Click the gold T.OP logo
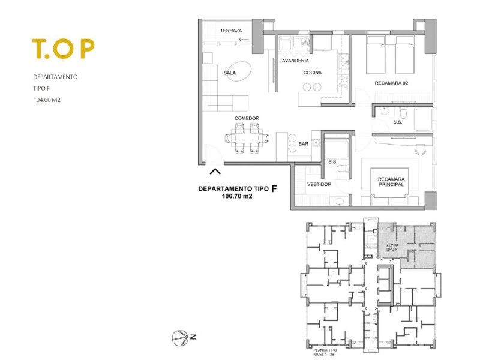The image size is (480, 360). click(x=64, y=49)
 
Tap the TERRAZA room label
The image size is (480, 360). click(x=231, y=31)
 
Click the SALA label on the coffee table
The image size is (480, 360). click(x=230, y=73)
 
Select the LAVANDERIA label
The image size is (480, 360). click(x=294, y=61)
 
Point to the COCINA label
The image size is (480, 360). click(x=313, y=73)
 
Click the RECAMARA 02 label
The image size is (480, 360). click(x=391, y=83)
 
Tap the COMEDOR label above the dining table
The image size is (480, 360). click(x=247, y=118)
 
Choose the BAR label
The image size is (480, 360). click(x=304, y=144)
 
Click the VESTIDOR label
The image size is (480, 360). click(x=319, y=184)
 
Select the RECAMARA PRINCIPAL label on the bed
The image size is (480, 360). click(x=391, y=182)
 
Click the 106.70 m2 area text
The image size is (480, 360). click(x=237, y=197)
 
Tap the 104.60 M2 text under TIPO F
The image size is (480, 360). click(x=47, y=100)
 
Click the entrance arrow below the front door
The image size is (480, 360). click(x=215, y=172)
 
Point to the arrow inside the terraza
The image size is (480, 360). click(x=244, y=39)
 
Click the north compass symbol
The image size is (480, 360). click(x=181, y=338)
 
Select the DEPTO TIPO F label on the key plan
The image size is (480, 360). click(x=392, y=247)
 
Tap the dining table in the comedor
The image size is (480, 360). click(x=247, y=139)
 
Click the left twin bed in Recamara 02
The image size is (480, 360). click(x=376, y=55)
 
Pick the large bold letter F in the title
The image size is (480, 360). click(x=274, y=188)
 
